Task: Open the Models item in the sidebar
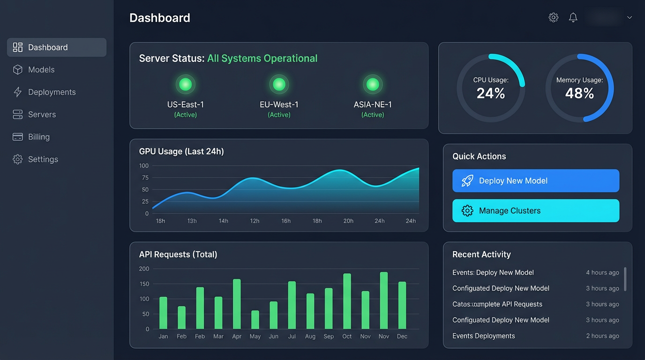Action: (41, 70)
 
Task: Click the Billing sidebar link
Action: (38, 137)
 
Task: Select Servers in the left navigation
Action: (42, 114)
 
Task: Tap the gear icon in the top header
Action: (554, 17)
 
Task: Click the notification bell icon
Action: (573, 17)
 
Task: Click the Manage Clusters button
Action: (536, 211)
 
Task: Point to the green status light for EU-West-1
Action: (279, 84)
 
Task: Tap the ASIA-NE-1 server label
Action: (373, 105)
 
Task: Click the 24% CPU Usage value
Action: (491, 93)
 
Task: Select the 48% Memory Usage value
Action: (579, 93)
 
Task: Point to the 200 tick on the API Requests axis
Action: (144, 269)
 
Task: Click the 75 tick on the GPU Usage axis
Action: (145, 178)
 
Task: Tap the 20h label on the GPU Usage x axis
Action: (348, 221)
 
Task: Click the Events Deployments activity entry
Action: (483, 336)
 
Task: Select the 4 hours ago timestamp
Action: (602, 272)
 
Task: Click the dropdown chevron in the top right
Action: (630, 18)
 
